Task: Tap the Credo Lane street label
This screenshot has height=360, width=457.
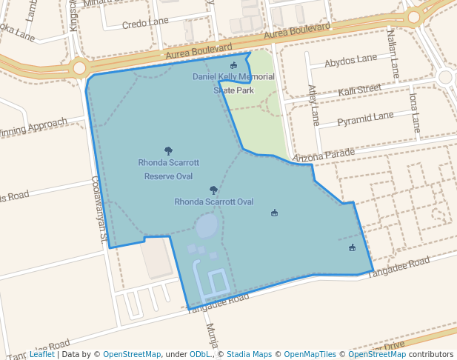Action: pyautogui.click(x=145, y=23)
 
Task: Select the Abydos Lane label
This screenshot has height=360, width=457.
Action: pyautogui.click(x=350, y=59)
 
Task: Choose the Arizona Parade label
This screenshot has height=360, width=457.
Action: pyautogui.click(x=324, y=156)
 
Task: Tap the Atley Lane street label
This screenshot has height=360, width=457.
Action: pyautogui.click(x=313, y=104)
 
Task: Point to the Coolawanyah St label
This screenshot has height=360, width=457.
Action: pyautogui.click(x=99, y=210)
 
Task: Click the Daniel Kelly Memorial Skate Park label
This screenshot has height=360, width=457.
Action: pyautogui.click(x=233, y=83)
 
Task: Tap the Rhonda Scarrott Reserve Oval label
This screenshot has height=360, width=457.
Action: pyautogui.click(x=168, y=169)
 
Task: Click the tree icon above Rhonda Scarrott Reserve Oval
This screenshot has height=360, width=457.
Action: pyautogui.click(x=168, y=150)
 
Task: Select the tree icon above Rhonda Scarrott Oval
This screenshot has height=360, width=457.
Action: pyautogui.click(x=213, y=190)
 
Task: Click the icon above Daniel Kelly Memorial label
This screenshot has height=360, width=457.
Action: pyautogui.click(x=233, y=67)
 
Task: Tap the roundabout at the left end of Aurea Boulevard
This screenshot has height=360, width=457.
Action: pyautogui.click(x=79, y=68)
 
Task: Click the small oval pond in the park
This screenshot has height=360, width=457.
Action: pyautogui.click(x=207, y=225)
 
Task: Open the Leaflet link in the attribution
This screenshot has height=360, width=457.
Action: pyautogui.click(x=41, y=354)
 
